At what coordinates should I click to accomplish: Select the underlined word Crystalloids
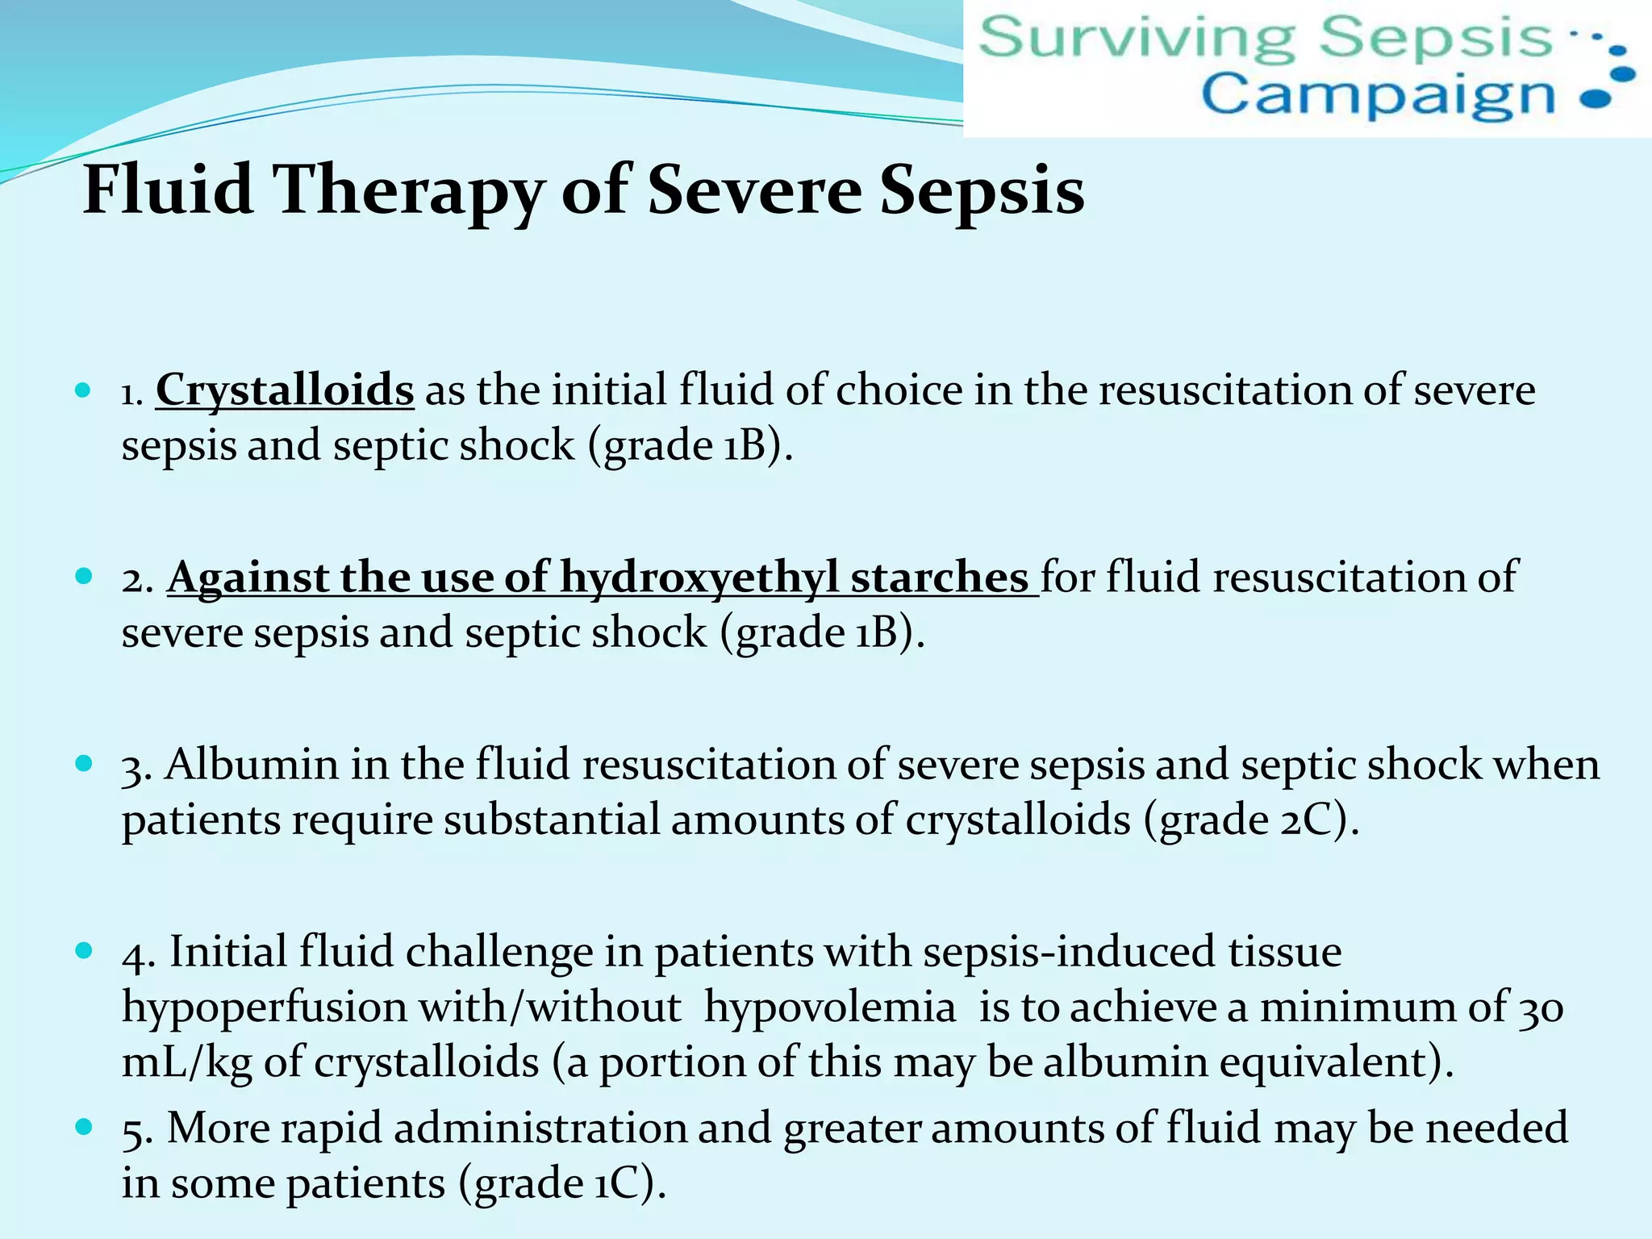tap(285, 390)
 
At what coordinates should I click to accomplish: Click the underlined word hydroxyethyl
tap(699, 578)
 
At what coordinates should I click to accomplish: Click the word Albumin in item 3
tap(252, 765)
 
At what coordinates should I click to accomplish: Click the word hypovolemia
tap(830, 1008)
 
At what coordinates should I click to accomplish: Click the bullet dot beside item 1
tap(83, 391)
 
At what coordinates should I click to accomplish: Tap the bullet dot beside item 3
tap(83, 764)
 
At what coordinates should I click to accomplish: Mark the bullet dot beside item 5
tap(83, 1127)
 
